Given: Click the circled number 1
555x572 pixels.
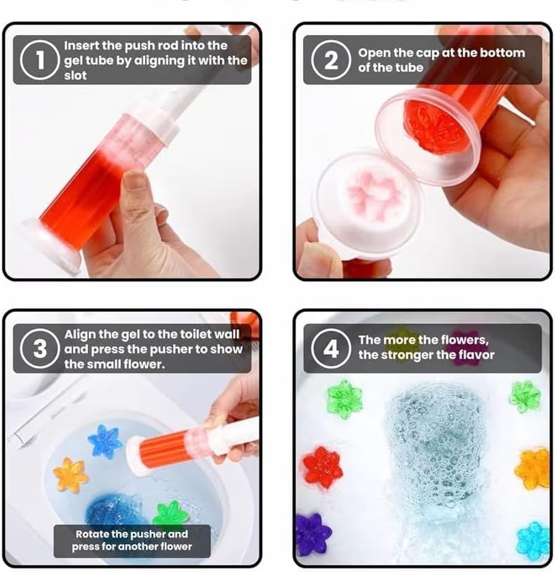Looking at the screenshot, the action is coord(39,60).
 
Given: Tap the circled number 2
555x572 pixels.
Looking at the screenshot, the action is coord(330,60).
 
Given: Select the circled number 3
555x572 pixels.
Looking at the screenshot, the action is coord(39,349).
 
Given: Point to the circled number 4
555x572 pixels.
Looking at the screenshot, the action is coord(330,349).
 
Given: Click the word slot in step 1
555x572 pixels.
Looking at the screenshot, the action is coord(75,76).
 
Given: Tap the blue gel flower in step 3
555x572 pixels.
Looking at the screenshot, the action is coord(105,440).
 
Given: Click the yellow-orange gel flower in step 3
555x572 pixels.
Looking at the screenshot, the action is coord(71,475).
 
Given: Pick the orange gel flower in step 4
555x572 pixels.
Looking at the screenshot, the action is coord(533,468).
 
